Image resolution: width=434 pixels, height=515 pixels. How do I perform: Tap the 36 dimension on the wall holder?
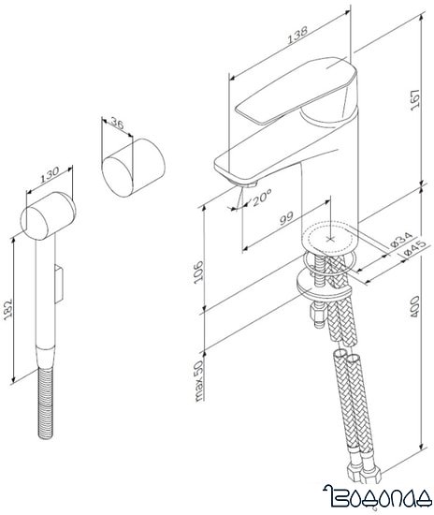pyautogui.click(x=117, y=125)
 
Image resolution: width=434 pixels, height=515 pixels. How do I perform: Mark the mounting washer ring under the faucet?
pyautogui.click(x=318, y=280)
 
